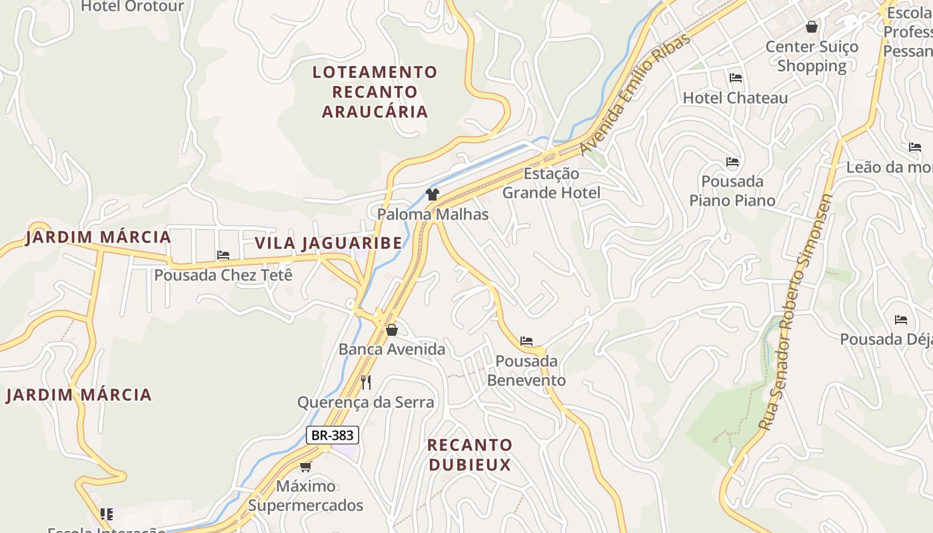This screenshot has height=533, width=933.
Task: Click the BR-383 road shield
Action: click(x=333, y=435)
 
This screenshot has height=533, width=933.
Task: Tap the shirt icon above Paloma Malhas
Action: click(x=433, y=195)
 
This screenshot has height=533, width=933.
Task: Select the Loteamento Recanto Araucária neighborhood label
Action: click(x=375, y=92)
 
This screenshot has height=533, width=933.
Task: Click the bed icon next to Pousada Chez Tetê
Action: click(x=223, y=255)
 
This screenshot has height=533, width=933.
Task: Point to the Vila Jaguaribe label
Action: click(x=329, y=243)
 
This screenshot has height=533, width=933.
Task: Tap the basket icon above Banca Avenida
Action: click(x=392, y=330)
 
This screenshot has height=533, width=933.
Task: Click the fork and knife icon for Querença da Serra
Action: click(x=365, y=382)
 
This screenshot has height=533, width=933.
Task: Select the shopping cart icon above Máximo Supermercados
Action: click(x=306, y=466)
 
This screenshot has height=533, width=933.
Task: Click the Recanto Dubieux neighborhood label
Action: click(x=470, y=454)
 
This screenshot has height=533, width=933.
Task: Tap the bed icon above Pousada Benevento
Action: click(x=526, y=341)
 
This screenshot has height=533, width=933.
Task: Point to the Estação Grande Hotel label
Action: click(x=551, y=183)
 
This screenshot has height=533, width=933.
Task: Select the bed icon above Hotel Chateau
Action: click(x=736, y=78)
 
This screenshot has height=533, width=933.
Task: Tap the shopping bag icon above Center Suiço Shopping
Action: click(x=812, y=27)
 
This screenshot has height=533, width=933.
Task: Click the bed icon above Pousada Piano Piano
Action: click(x=732, y=162)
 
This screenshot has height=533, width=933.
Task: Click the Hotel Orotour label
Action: click(x=133, y=7)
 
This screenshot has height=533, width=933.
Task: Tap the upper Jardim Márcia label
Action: click(x=99, y=237)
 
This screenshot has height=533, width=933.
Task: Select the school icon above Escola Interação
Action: click(x=107, y=514)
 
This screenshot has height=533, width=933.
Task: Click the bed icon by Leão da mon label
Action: click(x=915, y=147)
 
